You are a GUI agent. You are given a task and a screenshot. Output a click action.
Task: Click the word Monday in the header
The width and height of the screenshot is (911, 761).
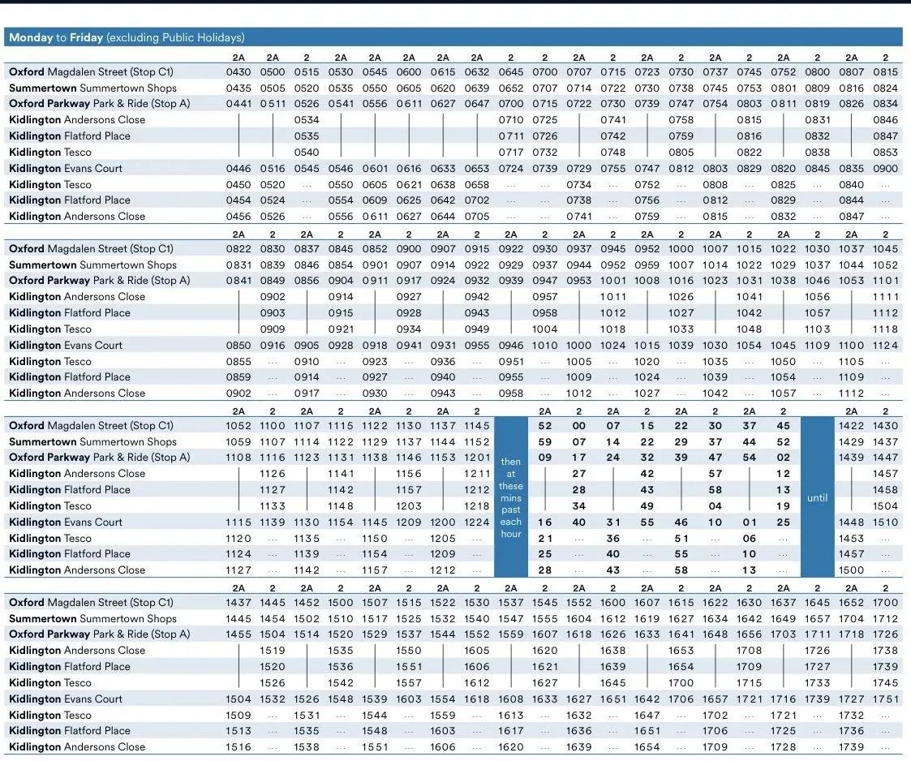click(31, 38)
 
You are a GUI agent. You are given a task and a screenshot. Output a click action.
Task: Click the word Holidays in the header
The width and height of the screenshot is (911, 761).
click(221, 38)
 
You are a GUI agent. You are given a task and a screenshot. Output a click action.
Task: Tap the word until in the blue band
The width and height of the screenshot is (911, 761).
click(817, 498)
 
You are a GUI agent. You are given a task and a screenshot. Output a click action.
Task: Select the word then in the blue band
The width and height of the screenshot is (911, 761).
click(511, 462)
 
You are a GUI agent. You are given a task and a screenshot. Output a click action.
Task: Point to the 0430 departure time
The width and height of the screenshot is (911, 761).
click(238, 72)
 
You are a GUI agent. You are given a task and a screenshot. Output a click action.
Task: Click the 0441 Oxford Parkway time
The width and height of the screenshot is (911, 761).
click(238, 103)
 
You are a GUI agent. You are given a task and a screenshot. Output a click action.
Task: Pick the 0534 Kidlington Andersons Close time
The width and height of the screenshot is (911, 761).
click(306, 120)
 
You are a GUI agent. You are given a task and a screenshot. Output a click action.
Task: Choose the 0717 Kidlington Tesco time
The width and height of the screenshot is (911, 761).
click(511, 153)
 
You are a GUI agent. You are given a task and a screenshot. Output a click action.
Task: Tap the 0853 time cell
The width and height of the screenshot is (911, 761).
click(885, 153)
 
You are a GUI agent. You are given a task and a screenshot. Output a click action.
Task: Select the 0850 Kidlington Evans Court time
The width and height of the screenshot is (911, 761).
click(238, 345)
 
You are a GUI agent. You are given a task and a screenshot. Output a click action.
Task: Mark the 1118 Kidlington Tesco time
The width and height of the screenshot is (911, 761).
click(885, 329)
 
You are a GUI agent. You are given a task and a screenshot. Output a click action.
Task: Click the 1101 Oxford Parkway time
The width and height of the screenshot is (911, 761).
click(885, 280)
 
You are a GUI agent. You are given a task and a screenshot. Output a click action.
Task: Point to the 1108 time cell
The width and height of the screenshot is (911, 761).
click(238, 458)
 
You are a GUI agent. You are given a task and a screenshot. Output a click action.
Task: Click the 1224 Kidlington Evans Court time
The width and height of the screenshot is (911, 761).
click(476, 522)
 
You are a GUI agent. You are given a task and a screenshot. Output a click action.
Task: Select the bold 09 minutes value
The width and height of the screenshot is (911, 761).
click(545, 458)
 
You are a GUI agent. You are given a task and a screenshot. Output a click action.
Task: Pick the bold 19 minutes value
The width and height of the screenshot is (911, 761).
click(783, 506)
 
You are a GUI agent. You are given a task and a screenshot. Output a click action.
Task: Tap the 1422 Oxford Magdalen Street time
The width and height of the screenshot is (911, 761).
click(851, 426)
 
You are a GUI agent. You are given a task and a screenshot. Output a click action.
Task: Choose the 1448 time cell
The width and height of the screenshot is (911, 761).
click(851, 522)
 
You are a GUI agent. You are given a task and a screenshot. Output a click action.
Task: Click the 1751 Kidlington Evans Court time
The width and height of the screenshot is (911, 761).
click(885, 699)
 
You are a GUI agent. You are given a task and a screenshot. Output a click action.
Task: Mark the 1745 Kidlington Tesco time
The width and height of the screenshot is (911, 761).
click(885, 682)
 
